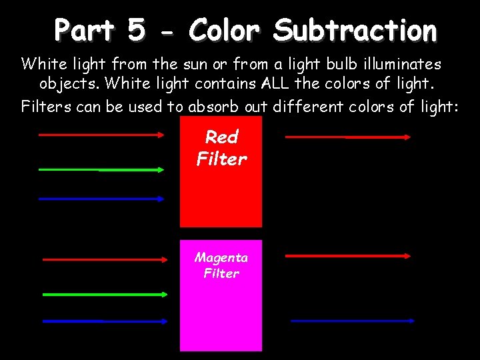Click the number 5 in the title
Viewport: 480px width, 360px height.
point(135,30)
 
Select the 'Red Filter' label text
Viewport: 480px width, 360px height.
point(221,148)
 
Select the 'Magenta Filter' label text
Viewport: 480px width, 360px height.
point(221,265)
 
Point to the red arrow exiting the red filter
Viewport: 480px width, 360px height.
point(347,137)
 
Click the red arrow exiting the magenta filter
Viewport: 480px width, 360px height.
point(347,255)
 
